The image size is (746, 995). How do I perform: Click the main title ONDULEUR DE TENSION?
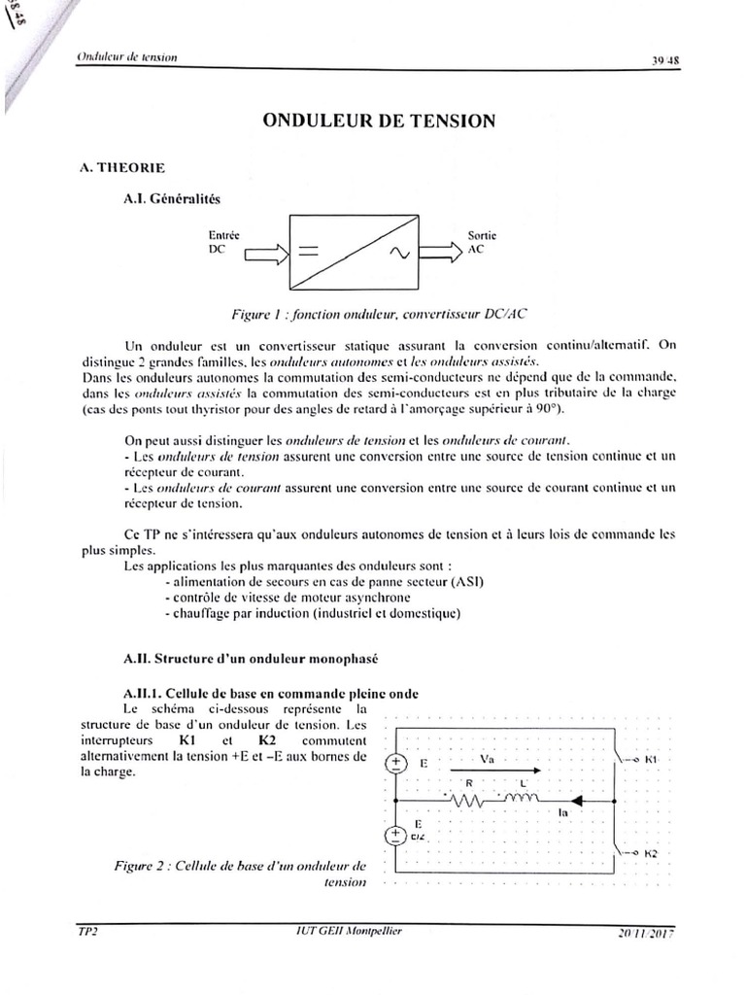click(379, 121)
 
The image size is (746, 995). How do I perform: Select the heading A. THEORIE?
click(121, 167)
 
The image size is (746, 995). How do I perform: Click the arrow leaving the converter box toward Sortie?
click(442, 254)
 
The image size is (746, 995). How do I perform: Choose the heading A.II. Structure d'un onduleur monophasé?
click(250, 658)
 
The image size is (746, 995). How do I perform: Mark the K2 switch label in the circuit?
click(651, 852)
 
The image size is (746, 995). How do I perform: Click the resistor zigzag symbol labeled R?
click(470, 802)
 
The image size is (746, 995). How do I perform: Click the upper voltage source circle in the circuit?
click(396, 764)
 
